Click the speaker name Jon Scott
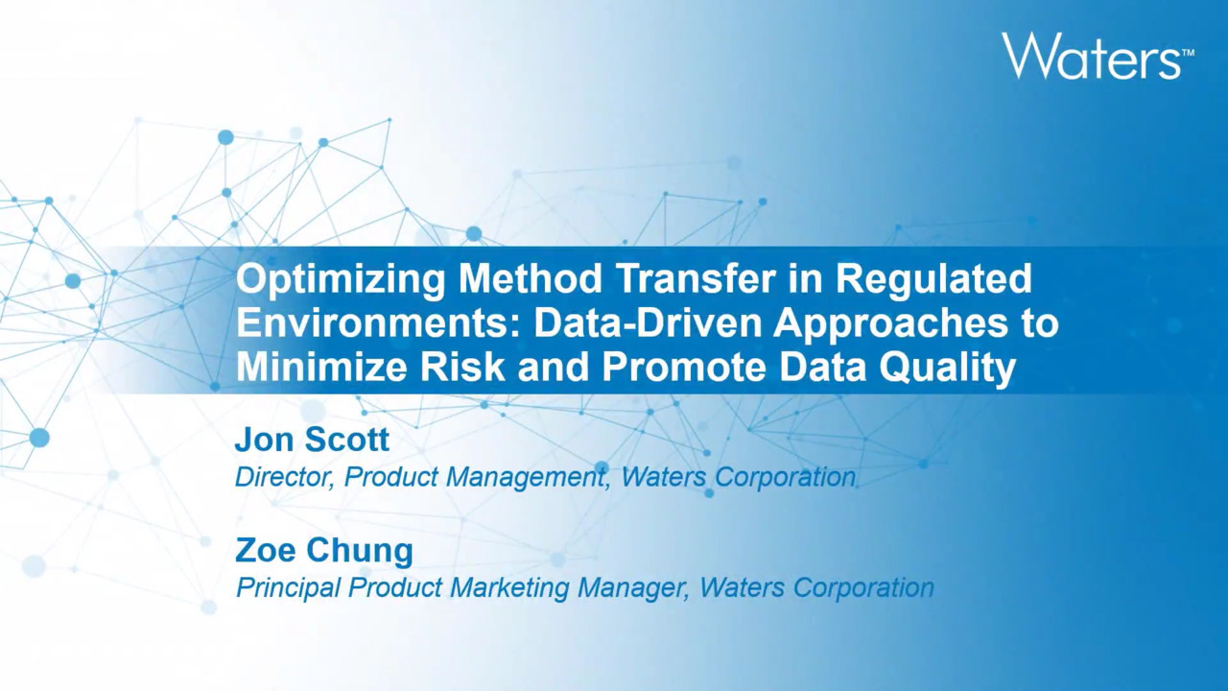point(312,440)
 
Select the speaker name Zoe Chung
point(324,552)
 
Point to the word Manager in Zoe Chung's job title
point(633,589)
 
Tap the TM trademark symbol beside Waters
point(1188,53)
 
